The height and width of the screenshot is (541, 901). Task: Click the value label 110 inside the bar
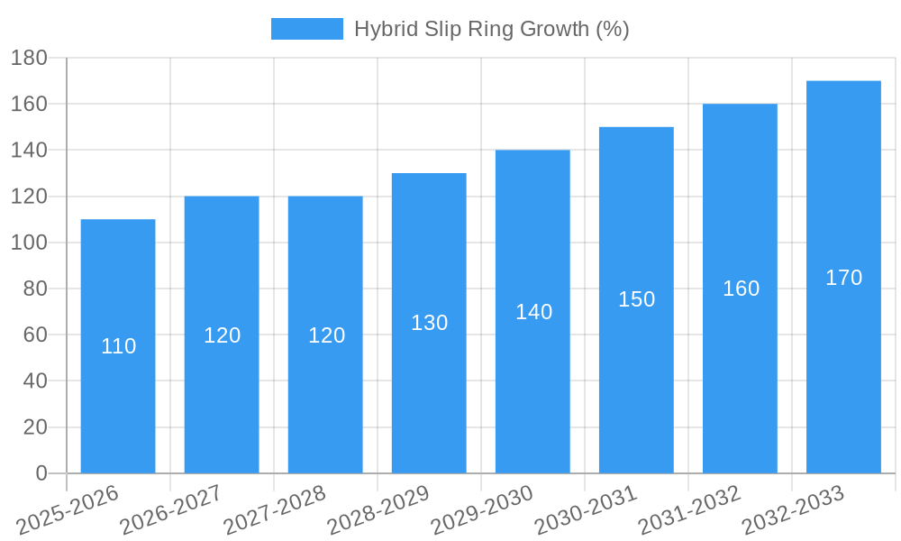[118, 346]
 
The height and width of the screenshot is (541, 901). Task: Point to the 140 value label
[533, 312]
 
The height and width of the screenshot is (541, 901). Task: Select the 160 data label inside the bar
[741, 289]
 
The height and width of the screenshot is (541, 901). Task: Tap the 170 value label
[843, 278]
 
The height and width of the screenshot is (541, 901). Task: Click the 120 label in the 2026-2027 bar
[222, 335]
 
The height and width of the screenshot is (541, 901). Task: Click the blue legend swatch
[306, 29]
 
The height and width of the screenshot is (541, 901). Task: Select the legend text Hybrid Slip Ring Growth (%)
[491, 29]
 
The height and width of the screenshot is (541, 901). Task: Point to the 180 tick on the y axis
[29, 58]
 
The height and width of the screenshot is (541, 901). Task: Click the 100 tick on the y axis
[29, 243]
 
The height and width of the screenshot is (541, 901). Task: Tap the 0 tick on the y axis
[41, 473]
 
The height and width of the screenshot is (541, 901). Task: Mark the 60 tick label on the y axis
[34, 335]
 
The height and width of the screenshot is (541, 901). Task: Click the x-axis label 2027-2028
[275, 510]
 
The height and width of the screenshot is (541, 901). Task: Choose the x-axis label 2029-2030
[482, 510]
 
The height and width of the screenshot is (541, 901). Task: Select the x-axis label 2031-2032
[689, 510]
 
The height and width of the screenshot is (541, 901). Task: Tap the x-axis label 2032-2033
[793, 510]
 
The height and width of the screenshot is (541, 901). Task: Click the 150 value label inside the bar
[636, 299]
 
